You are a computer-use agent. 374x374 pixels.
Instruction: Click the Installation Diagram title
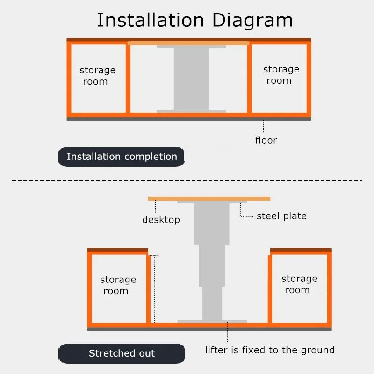pyautogui.click(x=194, y=21)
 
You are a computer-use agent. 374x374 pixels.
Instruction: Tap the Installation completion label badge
pyautogui.click(x=122, y=157)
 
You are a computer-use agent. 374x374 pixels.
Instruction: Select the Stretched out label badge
pyautogui.click(x=122, y=353)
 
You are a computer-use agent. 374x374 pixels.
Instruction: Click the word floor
pyautogui.click(x=266, y=140)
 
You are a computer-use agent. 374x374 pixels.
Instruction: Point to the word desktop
pyautogui.click(x=161, y=220)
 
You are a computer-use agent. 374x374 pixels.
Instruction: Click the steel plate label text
pyautogui.click(x=281, y=216)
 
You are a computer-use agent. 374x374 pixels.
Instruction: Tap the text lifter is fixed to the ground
pyautogui.click(x=270, y=350)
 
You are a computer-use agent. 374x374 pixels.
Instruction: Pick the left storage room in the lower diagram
pyautogui.click(x=118, y=288)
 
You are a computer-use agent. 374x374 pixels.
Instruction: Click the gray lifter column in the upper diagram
pyautogui.click(x=191, y=79)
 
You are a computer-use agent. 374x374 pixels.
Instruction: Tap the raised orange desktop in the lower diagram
pyautogui.click(x=209, y=199)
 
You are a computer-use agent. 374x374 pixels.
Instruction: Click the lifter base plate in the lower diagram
pyautogui.click(x=212, y=321)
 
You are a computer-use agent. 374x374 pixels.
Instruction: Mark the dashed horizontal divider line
pyautogui.click(x=187, y=180)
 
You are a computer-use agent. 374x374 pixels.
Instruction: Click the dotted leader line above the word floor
pyautogui.click(x=264, y=126)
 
